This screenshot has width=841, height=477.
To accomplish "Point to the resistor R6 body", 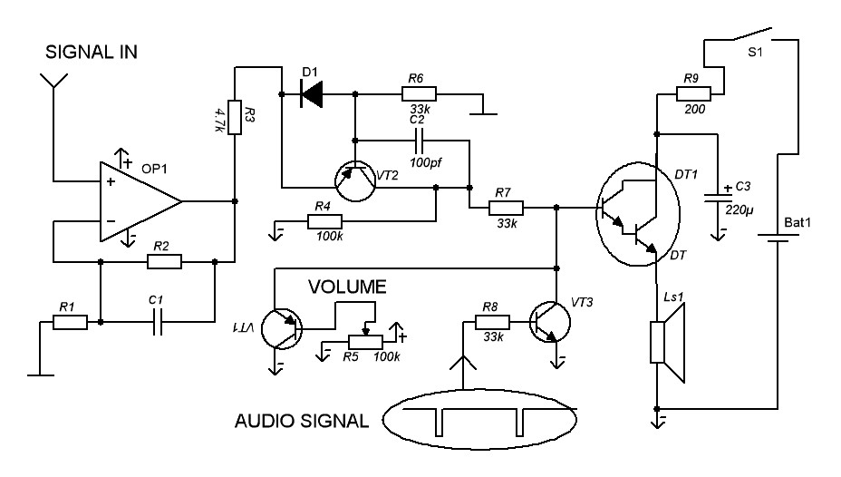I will click(419, 92).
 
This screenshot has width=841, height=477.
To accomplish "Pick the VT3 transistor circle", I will click(550, 322).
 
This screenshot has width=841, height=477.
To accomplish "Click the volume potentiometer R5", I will click(365, 341).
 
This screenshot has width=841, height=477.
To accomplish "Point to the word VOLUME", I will click(348, 287).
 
